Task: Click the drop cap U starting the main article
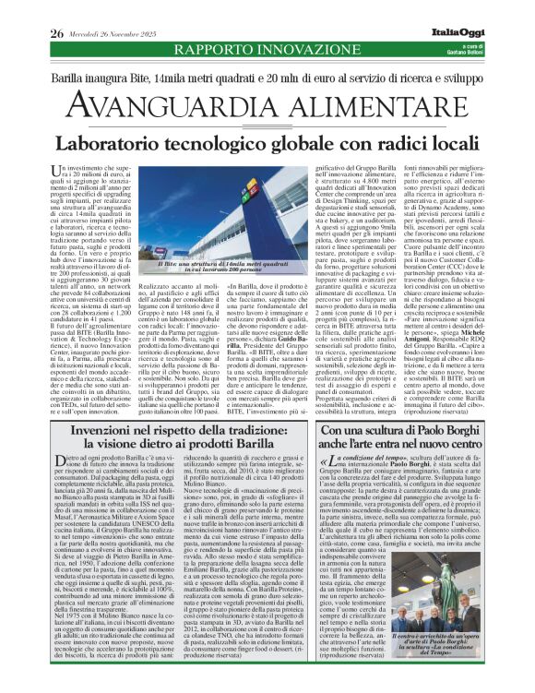65,172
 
